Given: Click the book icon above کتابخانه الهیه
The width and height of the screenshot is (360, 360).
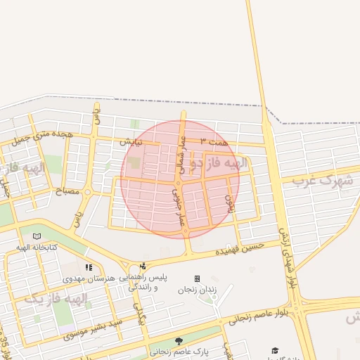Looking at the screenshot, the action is pos(37,237).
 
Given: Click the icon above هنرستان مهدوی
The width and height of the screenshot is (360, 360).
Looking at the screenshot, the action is pos(89,267).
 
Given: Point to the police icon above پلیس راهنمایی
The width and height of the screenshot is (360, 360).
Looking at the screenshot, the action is pos(143,266).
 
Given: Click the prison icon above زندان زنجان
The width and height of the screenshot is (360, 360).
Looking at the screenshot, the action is pos(198,278).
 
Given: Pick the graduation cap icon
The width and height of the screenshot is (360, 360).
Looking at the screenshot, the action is pos(276,349).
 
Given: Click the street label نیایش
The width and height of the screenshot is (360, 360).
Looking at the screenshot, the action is pos(131,141).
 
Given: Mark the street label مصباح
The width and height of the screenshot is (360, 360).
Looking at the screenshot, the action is pos(67,191).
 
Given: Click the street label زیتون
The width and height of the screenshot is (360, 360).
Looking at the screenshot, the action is pos(229,204).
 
